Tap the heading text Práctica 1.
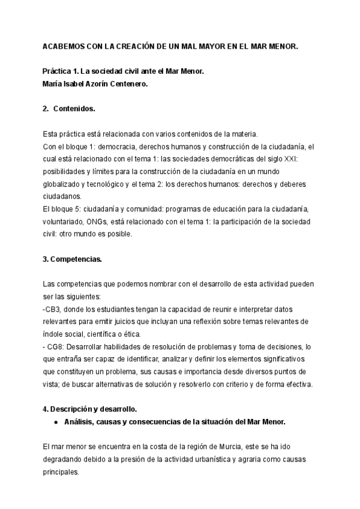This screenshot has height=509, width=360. click(x=62, y=71)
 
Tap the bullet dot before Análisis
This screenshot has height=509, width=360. click(x=55, y=422)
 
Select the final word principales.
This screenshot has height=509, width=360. click(x=61, y=472)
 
